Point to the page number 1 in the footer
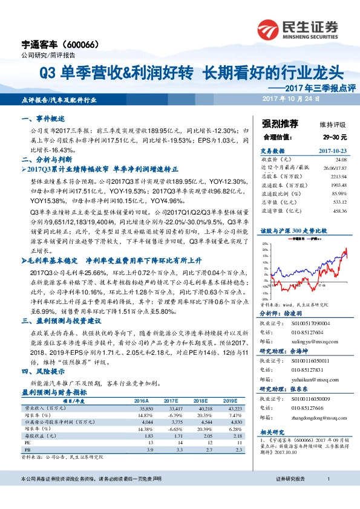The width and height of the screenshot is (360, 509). [327, 496]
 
